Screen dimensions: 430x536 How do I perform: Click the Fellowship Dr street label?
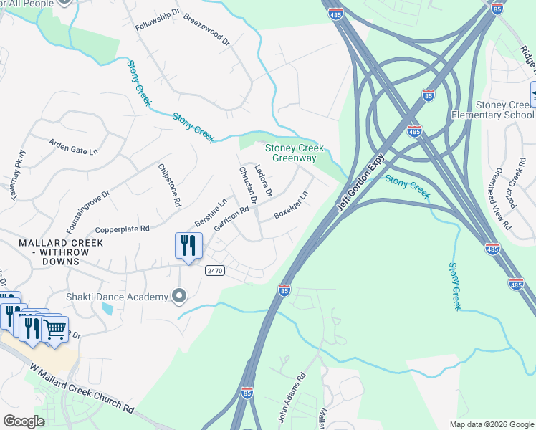tap(158, 21)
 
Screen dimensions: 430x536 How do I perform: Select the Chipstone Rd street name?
tap(169, 185)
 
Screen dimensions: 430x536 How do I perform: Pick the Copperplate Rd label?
tap(122, 229)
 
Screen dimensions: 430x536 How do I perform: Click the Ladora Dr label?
tap(264, 182)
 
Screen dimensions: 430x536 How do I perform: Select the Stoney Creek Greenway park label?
tap(295, 153)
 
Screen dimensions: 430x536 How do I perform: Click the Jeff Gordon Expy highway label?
tap(361, 183)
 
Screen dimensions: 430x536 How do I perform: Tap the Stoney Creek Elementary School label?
tap(493, 110)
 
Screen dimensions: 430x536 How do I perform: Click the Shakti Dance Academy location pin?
tap(179, 296)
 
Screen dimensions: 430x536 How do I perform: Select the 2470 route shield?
tap(214, 270)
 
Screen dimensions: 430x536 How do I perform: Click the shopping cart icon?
tap(55, 329)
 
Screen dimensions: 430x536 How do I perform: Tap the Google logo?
tap(24, 421)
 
